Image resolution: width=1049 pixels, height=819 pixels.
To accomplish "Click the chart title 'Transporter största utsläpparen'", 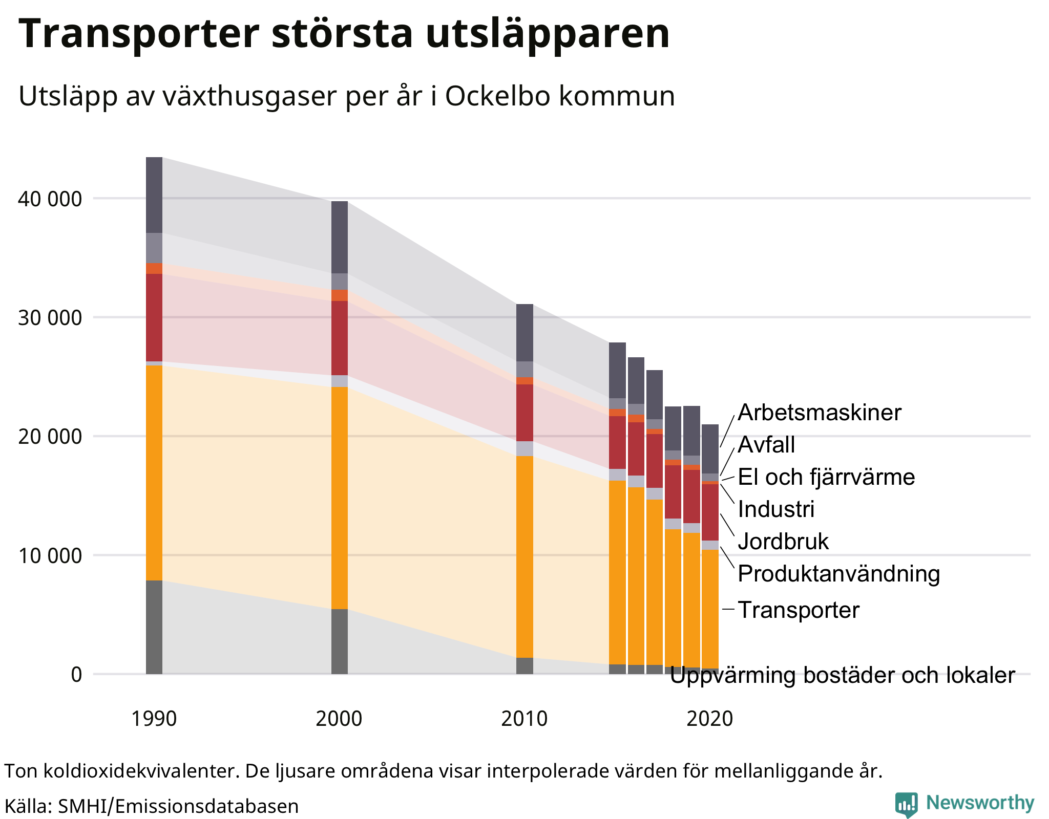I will [x=344, y=34].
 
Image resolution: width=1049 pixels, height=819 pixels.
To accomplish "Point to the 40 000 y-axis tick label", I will [x=50, y=199].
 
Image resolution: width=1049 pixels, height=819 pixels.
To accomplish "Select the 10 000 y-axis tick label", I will [x=50, y=555].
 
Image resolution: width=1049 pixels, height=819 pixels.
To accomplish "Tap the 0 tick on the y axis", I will [x=76, y=675].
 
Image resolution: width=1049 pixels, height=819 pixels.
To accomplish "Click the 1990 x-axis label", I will [x=154, y=719].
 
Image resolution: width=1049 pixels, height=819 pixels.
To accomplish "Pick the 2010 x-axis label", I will [x=524, y=719].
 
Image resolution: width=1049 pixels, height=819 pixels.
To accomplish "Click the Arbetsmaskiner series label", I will [x=819, y=413].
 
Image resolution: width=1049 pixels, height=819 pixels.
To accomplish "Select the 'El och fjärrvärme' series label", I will [x=826, y=477].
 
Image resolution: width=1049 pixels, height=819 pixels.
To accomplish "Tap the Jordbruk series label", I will [x=783, y=542].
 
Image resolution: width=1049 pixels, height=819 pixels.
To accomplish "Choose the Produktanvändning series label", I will [x=838, y=574].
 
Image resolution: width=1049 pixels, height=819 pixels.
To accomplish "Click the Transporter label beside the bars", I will [x=798, y=610].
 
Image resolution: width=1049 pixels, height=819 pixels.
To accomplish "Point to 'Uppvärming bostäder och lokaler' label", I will [x=842, y=676].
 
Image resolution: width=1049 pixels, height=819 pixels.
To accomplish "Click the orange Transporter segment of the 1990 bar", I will [x=154, y=471].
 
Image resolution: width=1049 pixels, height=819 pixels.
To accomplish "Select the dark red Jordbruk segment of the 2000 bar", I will [x=340, y=338].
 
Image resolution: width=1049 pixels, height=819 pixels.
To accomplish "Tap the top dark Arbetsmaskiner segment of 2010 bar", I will [x=524, y=333].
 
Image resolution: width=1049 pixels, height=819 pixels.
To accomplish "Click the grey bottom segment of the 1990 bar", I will [x=154, y=627].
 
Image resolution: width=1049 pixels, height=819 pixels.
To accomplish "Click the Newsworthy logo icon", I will [x=906, y=805].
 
